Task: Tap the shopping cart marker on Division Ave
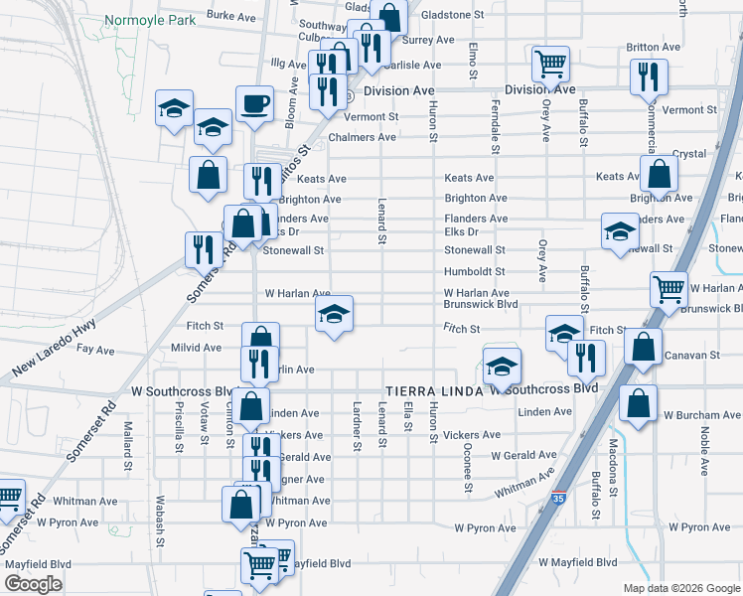pos(549,65)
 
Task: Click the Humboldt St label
pos(474,271)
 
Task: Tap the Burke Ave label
pos(231,16)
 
